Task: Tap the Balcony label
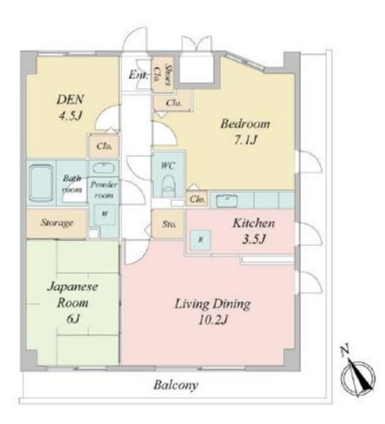[176, 385]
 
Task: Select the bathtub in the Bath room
[41, 183]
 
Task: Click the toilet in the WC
[168, 186]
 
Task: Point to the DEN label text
[70, 99]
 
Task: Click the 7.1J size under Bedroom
[245, 140]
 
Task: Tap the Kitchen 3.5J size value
[254, 239]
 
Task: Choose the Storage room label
[57, 223]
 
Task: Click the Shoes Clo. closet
[162, 75]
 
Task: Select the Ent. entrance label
[138, 75]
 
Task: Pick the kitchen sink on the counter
[226, 201]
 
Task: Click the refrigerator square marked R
[200, 240]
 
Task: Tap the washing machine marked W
[105, 214]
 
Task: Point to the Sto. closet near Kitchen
[168, 224]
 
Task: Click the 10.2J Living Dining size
[213, 321]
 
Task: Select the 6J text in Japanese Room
[72, 319]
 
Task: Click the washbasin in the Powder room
[104, 168]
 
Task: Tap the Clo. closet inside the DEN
[104, 146]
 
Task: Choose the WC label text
[168, 165]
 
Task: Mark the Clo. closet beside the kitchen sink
[197, 200]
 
